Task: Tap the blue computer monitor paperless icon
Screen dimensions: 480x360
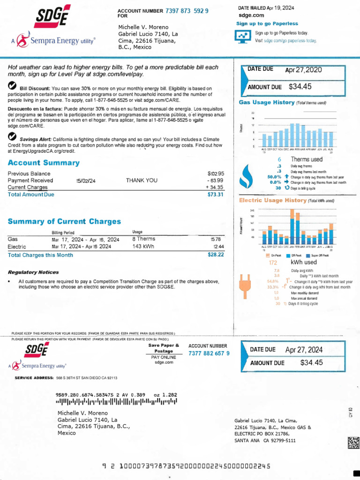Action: point(242,37)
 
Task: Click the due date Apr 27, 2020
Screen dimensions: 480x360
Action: point(304,70)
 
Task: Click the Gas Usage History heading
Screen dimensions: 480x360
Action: point(266,102)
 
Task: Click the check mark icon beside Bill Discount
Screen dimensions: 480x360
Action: point(13,86)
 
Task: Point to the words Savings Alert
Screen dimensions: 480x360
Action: point(35,139)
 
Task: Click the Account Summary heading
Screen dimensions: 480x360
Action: point(44,163)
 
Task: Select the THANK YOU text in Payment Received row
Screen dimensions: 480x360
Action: point(142,180)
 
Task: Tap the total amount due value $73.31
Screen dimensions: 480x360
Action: point(216,195)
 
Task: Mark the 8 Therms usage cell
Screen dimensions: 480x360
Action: point(143,239)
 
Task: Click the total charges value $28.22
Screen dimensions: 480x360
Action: point(216,255)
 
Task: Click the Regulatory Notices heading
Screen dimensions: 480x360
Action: point(33,272)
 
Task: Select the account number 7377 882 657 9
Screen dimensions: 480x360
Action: point(209,353)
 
